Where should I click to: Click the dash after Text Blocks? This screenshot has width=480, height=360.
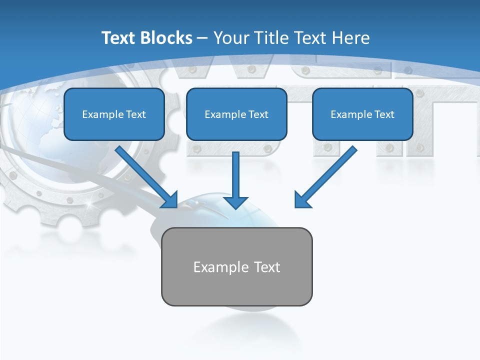(202, 38)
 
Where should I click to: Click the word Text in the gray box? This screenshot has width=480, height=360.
(267, 267)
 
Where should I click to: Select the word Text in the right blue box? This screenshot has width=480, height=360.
(384, 114)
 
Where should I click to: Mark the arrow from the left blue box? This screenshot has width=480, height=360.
(147, 177)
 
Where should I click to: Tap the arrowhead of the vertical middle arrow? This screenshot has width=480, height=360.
(235, 202)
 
